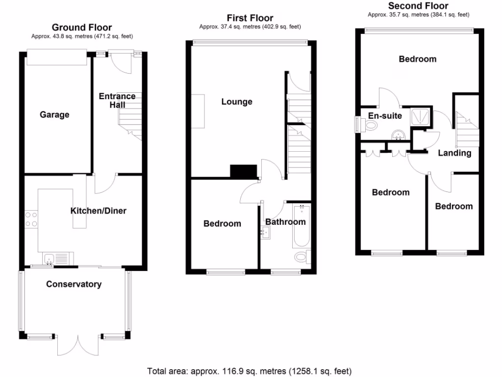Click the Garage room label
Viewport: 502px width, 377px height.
(x=54, y=115)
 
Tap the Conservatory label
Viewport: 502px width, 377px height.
(x=74, y=284)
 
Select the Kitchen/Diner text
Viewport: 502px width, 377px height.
(x=98, y=211)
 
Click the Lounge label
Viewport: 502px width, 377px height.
(x=237, y=102)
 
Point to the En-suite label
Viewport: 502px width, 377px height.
(x=385, y=116)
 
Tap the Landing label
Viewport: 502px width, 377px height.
(x=454, y=153)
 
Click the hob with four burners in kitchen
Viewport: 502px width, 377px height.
(x=31, y=219)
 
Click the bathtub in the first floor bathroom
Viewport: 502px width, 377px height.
(x=301, y=226)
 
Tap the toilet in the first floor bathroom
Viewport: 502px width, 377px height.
(x=302, y=256)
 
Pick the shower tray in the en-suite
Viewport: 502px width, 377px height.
(x=421, y=116)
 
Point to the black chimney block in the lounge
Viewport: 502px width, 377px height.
(x=244, y=171)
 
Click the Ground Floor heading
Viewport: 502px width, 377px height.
(x=82, y=27)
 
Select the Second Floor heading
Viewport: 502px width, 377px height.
(x=418, y=6)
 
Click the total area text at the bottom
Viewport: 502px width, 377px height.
(x=250, y=371)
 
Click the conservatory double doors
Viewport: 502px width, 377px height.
(x=78, y=345)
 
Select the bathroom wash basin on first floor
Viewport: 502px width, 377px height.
(x=265, y=233)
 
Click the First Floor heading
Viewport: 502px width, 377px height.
(x=250, y=18)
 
